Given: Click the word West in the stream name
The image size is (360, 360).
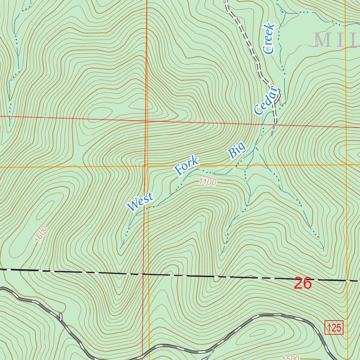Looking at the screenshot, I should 141,202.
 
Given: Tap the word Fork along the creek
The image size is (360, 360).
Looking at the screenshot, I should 187,166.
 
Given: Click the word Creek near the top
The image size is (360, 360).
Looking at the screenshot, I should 269,39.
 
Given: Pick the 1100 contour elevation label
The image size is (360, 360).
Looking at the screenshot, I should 207,182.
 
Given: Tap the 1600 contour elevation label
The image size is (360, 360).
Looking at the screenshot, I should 41,234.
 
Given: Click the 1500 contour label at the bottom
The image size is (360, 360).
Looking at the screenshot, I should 290,358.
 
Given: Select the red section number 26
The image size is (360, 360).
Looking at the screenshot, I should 303,283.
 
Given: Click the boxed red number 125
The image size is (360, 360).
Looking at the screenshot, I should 334,328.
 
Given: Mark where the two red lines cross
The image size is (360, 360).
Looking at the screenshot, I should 146,121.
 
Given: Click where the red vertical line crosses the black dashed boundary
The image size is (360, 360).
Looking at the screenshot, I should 143,274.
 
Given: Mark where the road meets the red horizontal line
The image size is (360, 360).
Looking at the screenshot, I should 276,124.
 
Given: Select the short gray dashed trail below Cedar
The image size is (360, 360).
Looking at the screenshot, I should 272,130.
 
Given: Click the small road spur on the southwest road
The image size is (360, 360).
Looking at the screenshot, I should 61,317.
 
